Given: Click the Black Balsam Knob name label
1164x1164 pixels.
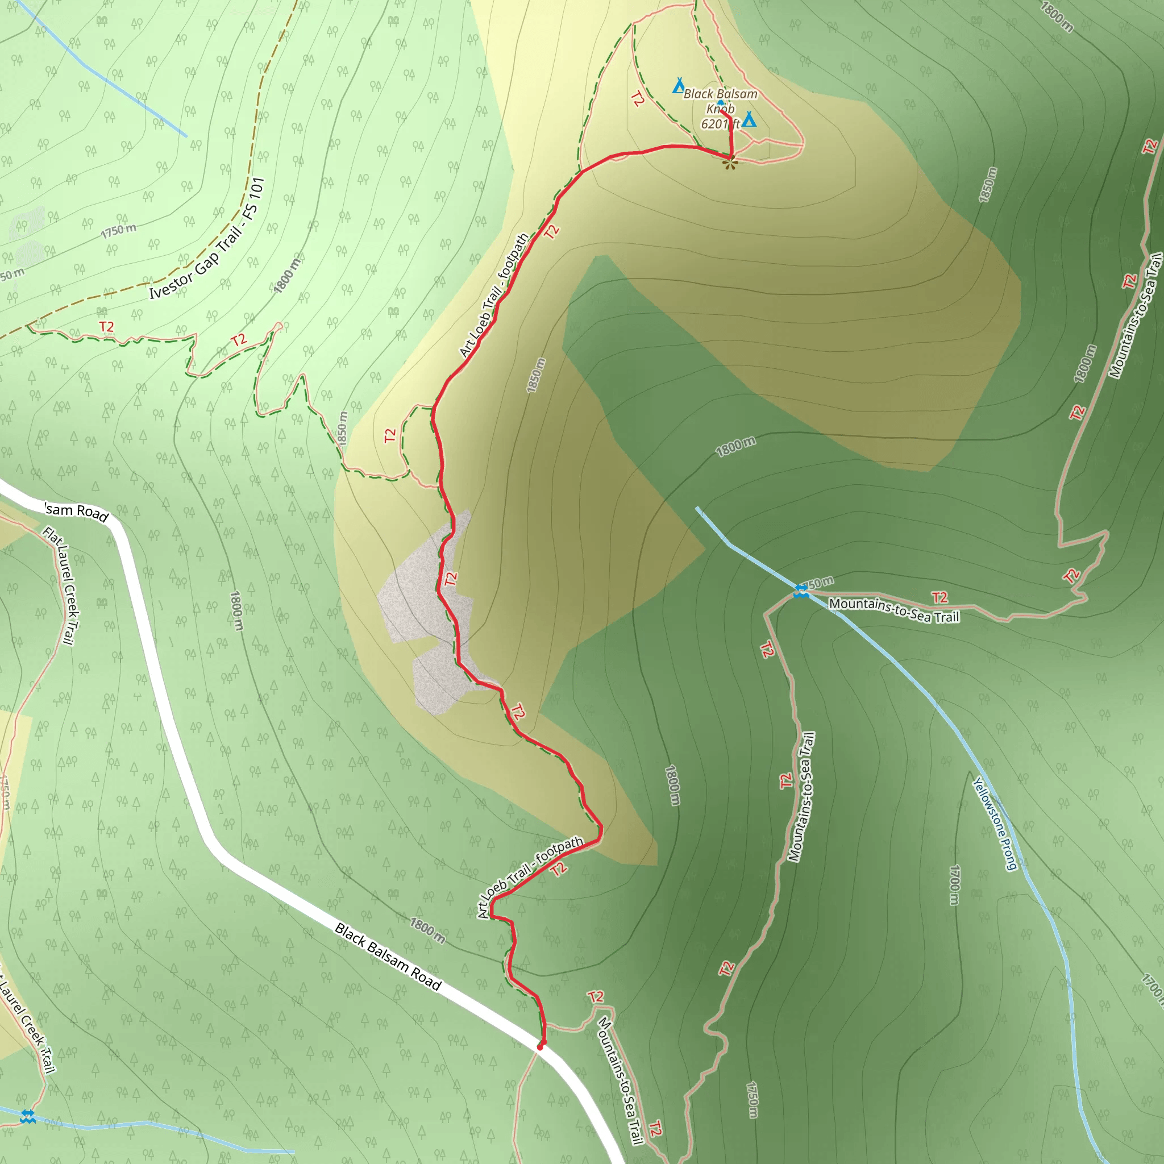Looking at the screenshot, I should click(x=721, y=101).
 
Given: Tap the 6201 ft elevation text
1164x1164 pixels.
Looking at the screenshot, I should click(x=720, y=124).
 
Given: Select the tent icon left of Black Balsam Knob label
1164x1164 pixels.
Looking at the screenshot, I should click(x=679, y=86).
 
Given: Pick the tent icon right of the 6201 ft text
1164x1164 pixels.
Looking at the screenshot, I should click(x=749, y=119).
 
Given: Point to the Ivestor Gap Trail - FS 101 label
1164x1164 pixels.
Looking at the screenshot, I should click(x=207, y=239).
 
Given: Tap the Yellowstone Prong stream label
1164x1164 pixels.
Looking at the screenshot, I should click(x=995, y=824).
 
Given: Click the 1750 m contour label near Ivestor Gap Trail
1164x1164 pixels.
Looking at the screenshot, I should click(x=119, y=230).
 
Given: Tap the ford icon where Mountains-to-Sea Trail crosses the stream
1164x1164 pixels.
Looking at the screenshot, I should click(x=801, y=591).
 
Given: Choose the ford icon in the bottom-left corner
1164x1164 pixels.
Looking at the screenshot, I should click(x=28, y=1116).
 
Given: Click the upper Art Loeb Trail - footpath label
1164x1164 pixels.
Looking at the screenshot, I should click(x=494, y=295).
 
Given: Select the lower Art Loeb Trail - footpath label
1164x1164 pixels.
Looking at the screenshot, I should click(x=530, y=877).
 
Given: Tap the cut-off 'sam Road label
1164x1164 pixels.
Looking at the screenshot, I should click(x=77, y=512).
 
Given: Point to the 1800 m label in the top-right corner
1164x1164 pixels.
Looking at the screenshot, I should click(x=1057, y=16).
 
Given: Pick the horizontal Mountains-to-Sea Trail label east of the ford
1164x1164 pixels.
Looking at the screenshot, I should click(x=894, y=610).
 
